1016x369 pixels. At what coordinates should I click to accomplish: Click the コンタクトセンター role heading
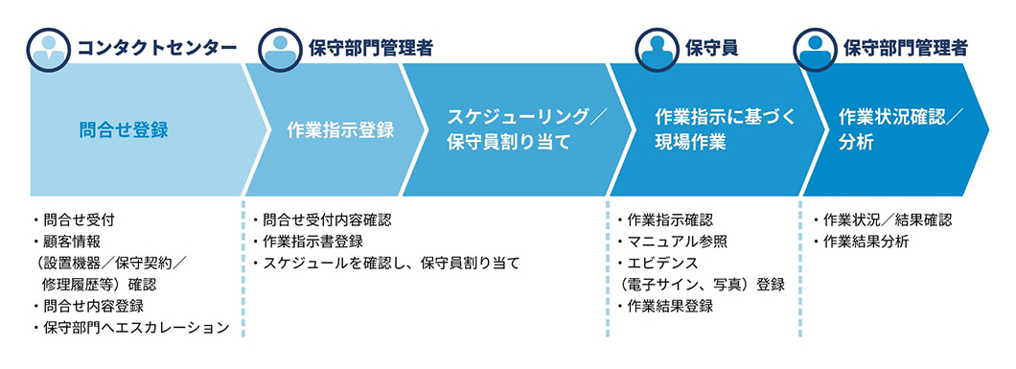(156, 48)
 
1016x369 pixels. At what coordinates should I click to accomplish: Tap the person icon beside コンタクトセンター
(49, 49)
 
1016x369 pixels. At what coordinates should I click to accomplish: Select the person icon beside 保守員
(657, 49)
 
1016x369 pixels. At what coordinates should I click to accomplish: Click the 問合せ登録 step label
(124, 129)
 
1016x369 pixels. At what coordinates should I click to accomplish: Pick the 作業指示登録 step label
(340, 129)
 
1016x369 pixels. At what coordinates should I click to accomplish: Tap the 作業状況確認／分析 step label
(901, 129)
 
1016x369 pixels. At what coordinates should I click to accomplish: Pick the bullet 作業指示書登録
(307, 242)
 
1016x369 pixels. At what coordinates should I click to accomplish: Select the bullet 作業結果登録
(664, 306)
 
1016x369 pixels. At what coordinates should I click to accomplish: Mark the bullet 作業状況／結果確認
(882, 220)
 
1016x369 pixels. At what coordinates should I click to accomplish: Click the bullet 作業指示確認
(664, 220)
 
